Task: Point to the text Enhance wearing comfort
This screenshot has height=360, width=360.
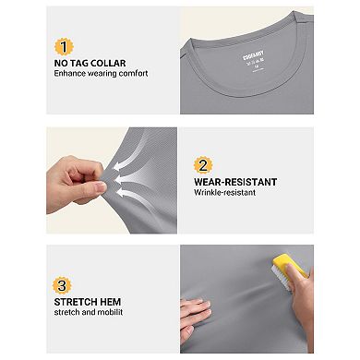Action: (x=101, y=73)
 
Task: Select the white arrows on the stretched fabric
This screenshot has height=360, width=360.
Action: (x=129, y=172)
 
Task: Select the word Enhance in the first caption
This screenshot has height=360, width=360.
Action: (x=68, y=73)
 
